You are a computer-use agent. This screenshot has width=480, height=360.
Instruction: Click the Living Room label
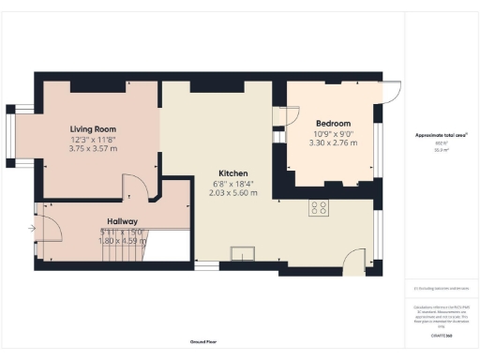(x=92, y=129)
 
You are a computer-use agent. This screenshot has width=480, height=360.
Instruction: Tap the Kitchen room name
(x=233, y=174)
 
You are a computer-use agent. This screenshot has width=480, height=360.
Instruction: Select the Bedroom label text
(x=333, y=124)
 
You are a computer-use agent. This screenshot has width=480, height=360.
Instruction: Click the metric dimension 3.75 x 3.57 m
(x=92, y=149)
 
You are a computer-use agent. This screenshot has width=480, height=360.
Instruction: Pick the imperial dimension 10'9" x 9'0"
(x=333, y=134)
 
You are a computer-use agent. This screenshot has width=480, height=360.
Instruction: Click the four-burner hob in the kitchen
(x=319, y=209)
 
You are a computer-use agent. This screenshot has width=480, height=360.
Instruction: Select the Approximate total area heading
(x=441, y=135)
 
